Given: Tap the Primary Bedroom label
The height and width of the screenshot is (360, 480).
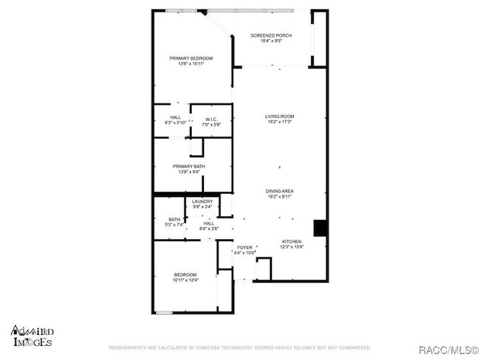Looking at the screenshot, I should point(191,58).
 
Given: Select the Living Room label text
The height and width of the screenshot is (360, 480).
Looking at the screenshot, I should point(280,117).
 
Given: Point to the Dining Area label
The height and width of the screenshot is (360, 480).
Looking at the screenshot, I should point(280,192).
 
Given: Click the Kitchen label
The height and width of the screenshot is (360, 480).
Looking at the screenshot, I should point(292,241).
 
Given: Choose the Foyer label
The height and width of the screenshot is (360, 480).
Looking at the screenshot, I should point(244,247).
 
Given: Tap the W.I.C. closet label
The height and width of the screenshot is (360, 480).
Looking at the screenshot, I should point(211,119).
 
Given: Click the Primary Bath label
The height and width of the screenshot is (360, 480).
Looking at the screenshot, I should point(189,167).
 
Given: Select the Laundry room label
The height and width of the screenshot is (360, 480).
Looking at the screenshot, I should point(202,201).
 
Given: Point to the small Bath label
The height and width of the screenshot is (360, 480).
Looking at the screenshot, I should point(174,219).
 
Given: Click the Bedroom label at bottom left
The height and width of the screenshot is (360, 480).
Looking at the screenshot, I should point(185,274).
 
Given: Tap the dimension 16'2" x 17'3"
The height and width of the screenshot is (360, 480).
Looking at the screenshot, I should point(280,122).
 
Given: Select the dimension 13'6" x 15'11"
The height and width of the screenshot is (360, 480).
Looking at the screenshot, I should point(191,64).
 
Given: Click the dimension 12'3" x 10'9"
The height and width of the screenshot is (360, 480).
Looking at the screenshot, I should point(292,247).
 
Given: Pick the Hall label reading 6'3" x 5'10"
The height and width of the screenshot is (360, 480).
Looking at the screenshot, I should point(175,122).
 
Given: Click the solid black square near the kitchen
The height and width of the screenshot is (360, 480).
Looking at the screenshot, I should point(320,228).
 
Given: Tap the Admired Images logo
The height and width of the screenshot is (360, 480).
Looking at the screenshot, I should point(32,336).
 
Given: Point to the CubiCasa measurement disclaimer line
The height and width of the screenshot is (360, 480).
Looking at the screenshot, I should point(239,347).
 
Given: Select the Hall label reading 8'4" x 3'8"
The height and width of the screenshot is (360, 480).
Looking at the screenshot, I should point(209,228).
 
